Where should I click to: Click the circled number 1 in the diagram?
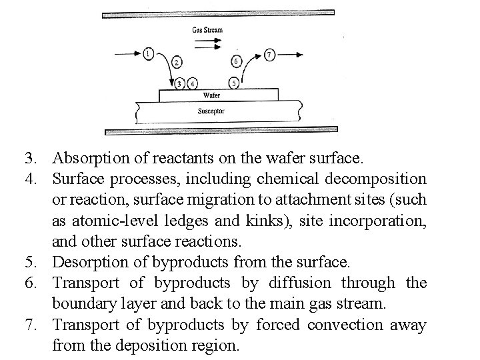coord(148,53)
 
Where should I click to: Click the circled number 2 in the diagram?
coord(177,63)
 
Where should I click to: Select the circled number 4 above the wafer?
coord(193,83)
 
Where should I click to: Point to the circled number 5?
coord(233,83)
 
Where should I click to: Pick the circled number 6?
coord(237,62)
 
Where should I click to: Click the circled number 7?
coord(269,54)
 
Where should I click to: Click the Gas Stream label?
coord(207,30)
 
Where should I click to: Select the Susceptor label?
coord(211,111)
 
